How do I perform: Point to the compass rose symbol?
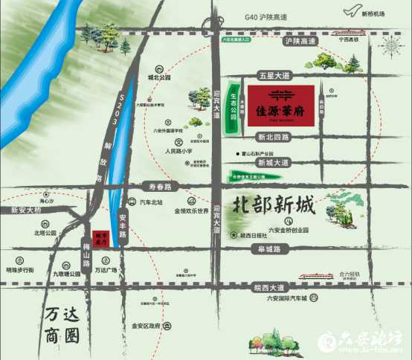coord(390,46)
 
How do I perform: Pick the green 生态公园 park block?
coord(233,109)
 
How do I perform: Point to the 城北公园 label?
coord(159,77)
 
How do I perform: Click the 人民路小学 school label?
coord(178,151)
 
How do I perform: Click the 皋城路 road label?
coord(265,249)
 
